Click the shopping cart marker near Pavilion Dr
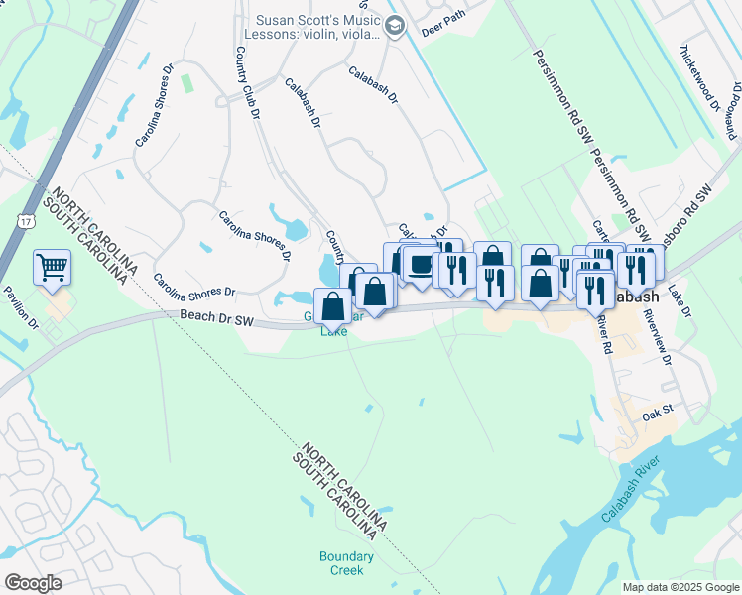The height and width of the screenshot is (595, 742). click(52, 267)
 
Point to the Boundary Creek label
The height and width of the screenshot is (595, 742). click(347, 563)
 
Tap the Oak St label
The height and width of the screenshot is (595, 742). click(657, 409)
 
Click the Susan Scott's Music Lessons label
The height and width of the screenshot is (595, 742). click(317, 27)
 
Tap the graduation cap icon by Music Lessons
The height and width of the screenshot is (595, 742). click(395, 26)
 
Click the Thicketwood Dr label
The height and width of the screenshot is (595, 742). click(696, 79)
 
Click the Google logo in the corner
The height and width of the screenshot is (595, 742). click(33, 583)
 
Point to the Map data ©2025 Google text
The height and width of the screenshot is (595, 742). click(680, 587)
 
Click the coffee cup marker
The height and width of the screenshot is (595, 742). click(421, 266)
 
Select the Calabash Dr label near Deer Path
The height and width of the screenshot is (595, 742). click(373, 85)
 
